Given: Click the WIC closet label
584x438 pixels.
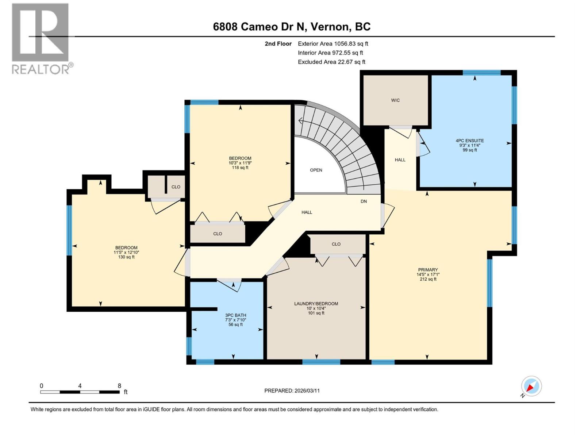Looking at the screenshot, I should [395, 100].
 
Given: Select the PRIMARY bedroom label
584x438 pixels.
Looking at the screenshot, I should [428, 270].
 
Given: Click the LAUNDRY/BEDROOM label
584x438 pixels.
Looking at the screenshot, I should [316, 304].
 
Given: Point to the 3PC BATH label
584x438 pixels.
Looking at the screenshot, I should [235, 315].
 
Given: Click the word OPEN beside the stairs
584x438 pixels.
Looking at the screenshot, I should [316, 170].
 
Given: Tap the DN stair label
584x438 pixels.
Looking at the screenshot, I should [364, 201].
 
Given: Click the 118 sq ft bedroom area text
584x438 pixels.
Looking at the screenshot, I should [240, 168].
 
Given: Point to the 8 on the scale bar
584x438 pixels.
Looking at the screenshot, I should [119, 386].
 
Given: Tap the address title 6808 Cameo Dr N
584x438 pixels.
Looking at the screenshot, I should [292, 27].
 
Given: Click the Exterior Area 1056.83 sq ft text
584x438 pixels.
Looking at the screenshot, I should [333, 44].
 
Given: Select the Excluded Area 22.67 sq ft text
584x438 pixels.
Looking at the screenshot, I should [331, 62].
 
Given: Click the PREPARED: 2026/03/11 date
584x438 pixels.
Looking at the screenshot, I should [292, 391].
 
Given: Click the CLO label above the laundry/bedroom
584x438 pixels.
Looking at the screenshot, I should [336, 244].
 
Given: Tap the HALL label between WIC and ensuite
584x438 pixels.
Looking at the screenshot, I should [400, 160].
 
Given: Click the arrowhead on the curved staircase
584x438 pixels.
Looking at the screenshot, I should [300, 121].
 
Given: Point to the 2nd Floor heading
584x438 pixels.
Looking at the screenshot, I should [278, 44].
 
